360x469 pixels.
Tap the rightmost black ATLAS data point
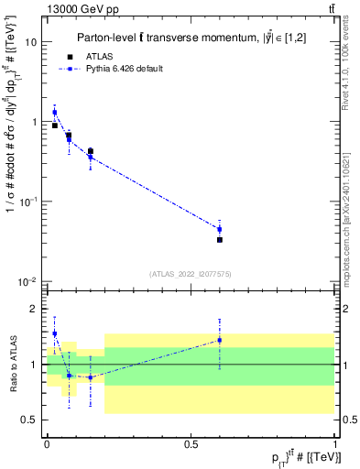219,240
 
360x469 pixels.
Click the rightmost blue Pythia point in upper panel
219,229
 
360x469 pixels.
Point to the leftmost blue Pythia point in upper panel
54,113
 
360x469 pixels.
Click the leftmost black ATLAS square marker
54,125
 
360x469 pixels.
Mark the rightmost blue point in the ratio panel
219,340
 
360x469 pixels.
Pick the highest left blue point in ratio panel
54,333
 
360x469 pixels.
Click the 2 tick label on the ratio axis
35,310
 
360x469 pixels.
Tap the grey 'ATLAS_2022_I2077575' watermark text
190,273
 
